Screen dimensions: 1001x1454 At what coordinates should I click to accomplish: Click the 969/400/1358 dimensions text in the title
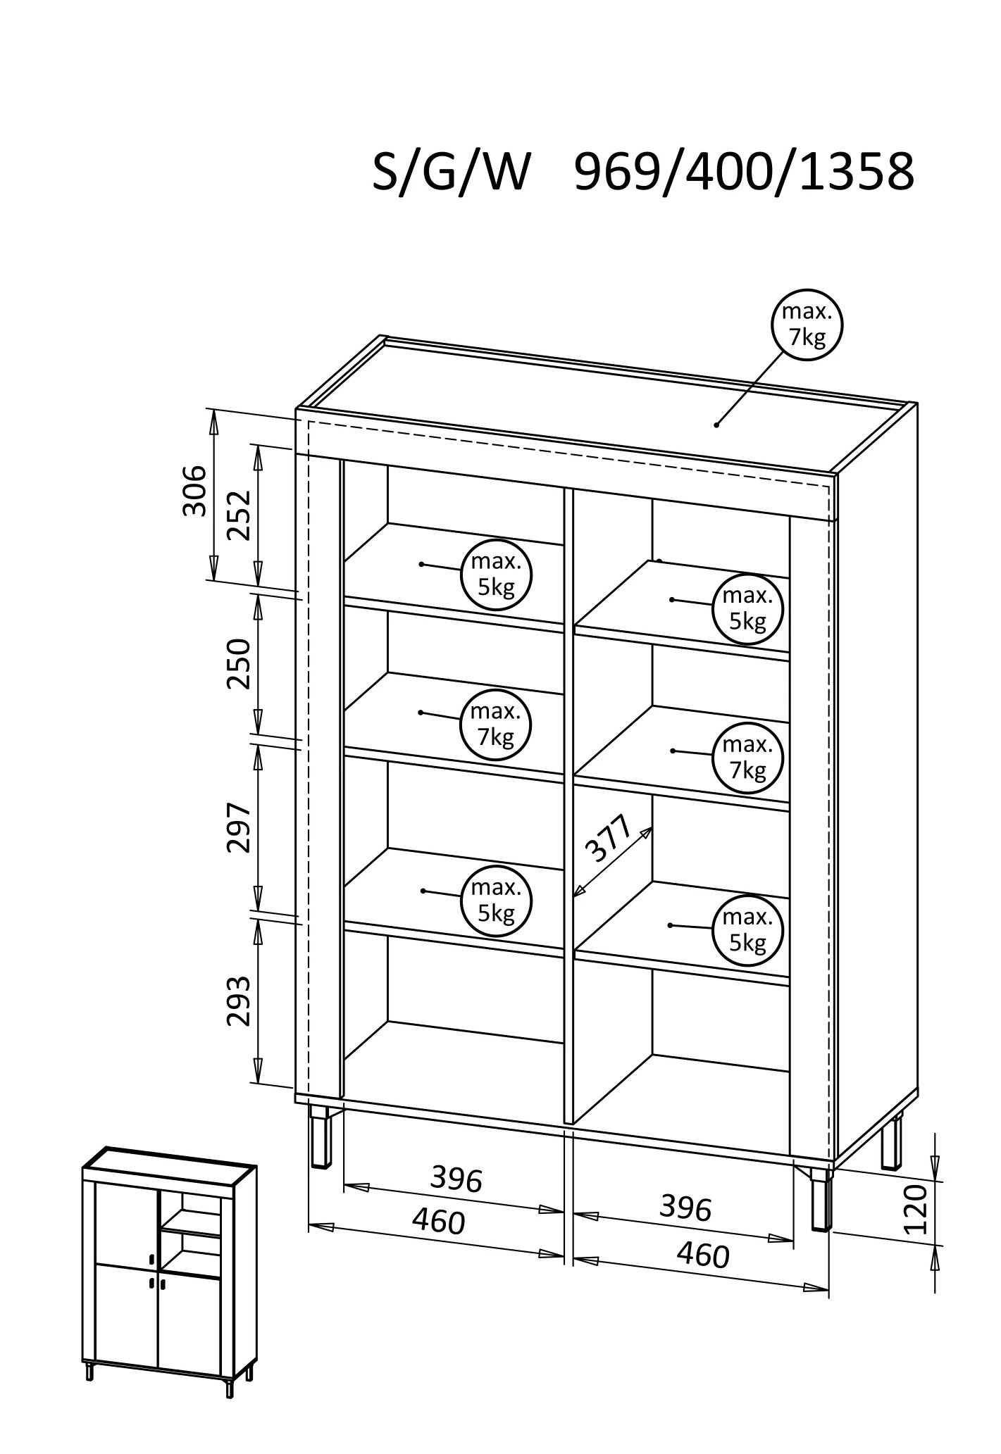tap(744, 173)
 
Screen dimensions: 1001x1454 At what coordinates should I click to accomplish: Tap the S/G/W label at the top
tap(451, 173)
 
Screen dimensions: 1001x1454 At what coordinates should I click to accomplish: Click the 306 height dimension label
tap(194, 490)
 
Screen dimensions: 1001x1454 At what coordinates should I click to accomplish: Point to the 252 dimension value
tap(239, 515)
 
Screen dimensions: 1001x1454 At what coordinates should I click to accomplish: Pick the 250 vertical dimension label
tap(239, 663)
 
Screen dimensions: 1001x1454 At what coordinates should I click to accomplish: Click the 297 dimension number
tap(239, 827)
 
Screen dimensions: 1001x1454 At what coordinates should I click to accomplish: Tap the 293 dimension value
tap(239, 1001)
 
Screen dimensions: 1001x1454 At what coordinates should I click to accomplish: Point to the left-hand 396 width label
tap(456, 1179)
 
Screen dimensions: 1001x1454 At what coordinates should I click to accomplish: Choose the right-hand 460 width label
tap(702, 1255)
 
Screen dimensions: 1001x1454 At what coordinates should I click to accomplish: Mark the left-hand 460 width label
tap(438, 1222)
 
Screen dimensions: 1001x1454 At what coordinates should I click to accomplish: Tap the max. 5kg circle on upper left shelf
tap(496, 575)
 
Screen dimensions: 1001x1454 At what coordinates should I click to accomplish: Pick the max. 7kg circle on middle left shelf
tap(496, 725)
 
